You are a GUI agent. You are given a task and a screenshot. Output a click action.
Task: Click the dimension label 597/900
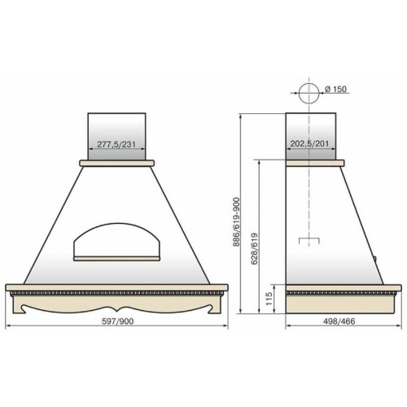point(117,322)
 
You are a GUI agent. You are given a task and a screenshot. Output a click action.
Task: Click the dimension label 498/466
point(339,322)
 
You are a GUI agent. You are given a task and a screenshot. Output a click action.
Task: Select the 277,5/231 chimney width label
point(116,144)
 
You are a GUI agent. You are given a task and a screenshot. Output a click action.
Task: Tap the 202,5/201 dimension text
point(309,143)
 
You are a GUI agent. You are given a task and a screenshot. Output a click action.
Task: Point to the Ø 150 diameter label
point(335,89)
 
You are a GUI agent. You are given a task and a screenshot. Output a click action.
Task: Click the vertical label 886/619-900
point(236,222)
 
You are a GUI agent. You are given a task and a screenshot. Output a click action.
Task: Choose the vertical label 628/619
point(255,249)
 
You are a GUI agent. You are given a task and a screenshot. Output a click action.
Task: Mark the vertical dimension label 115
point(269,299)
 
